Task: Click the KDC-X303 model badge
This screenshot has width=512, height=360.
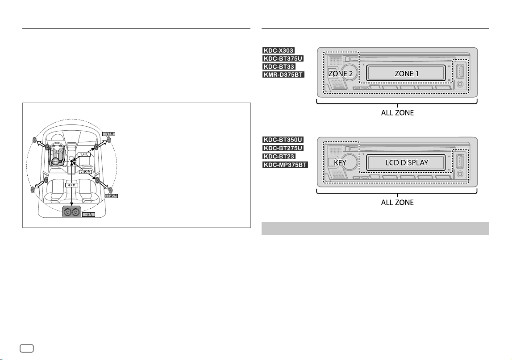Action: click(279, 50)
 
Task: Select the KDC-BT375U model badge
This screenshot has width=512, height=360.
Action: click(283, 58)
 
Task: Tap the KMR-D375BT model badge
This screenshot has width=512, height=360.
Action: click(283, 75)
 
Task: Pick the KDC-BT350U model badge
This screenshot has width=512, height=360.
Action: click(283, 140)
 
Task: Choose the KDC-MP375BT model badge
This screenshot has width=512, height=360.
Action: click(285, 165)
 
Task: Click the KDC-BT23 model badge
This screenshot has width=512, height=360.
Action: click(279, 156)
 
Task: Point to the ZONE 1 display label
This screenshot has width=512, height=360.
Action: click(406, 74)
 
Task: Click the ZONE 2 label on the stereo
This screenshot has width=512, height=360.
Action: click(340, 74)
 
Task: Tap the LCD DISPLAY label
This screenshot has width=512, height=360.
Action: click(407, 162)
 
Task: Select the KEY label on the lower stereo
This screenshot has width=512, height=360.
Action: click(340, 162)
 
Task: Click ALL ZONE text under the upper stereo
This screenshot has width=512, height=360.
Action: click(397, 113)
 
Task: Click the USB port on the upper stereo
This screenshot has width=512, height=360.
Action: click(460, 71)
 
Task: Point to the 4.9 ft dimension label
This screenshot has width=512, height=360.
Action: click(71, 185)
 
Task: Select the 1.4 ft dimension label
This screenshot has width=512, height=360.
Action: click(84, 154)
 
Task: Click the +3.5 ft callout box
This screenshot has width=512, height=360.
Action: click(109, 134)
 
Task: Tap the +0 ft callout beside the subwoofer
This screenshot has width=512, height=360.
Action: click(88, 215)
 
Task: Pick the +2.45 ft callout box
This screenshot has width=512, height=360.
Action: click(111, 196)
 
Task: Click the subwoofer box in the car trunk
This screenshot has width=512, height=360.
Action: click(72, 212)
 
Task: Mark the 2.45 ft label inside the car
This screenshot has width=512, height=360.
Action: click(85, 172)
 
